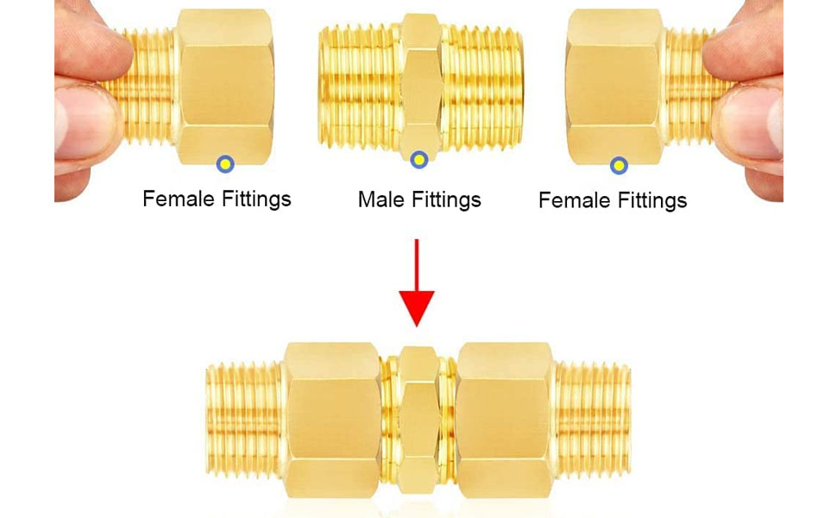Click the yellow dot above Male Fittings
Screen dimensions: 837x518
(x=419, y=160)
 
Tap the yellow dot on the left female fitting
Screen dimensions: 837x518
(x=226, y=162)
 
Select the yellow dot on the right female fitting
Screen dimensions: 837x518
(x=618, y=165)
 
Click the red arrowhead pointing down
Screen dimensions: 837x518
(x=417, y=307)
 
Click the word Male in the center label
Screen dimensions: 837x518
(x=381, y=200)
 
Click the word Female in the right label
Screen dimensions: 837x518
(x=573, y=201)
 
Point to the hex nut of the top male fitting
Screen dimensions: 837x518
(x=420, y=86)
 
